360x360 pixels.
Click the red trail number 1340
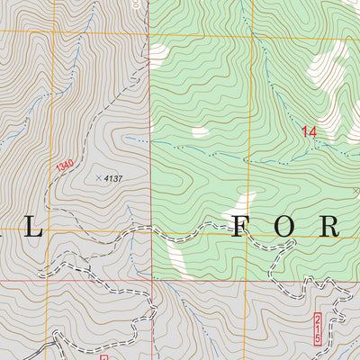click(64, 166)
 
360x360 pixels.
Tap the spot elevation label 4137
click(112, 179)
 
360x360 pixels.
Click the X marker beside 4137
click(98, 178)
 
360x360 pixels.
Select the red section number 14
click(310, 132)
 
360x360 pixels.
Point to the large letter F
click(239, 227)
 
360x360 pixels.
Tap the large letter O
click(284, 227)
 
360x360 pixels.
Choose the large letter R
click(329, 227)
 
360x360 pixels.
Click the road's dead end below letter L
click(40, 273)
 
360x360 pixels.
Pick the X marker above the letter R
click(355, 191)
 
